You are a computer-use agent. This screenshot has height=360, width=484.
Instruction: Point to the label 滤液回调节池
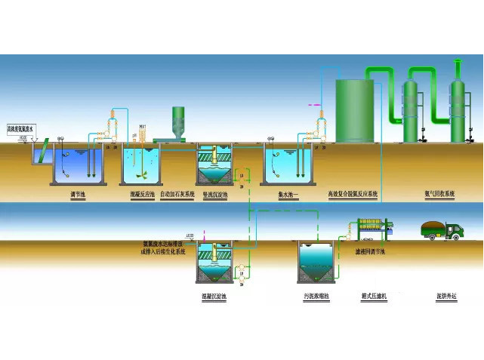pyautogui.click(x=370, y=251)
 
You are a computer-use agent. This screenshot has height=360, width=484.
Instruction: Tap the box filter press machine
pyautogui.click(x=373, y=228)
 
